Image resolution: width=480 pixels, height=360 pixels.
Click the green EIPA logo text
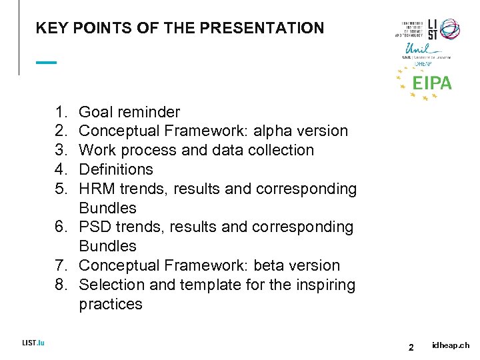click(x=432, y=83)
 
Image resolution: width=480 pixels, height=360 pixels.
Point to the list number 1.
click(x=61, y=112)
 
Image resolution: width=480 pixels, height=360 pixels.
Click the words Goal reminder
click(x=129, y=112)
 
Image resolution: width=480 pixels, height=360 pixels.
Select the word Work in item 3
click(x=97, y=150)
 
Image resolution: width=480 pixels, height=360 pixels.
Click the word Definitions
click(x=116, y=169)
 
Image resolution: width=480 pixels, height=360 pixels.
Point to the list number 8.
click(x=61, y=285)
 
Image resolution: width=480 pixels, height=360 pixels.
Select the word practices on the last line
click(x=111, y=304)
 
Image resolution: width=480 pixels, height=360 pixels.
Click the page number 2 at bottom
click(x=411, y=347)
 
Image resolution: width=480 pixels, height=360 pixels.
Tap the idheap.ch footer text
click(x=451, y=345)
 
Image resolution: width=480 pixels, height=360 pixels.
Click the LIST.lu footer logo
click(x=33, y=343)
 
